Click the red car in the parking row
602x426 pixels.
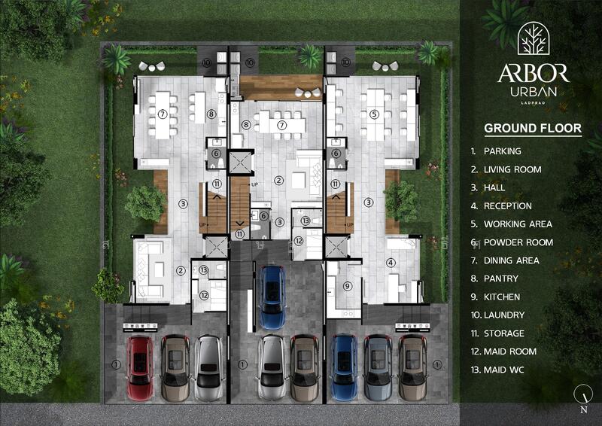pyautogui.click(x=140, y=368)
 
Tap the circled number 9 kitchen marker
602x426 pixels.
pyautogui.click(x=347, y=286)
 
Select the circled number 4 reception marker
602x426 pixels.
pyautogui.click(x=391, y=263)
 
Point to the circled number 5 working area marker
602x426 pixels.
pyautogui.click(x=373, y=114)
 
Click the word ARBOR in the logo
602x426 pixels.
pyautogui.click(x=533, y=74)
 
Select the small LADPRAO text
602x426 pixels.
pyautogui.click(x=533, y=104)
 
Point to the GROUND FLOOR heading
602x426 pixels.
pyautogui.click(x=533, y=128)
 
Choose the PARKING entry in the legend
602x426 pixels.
pyautogui.click(x=502, y=151)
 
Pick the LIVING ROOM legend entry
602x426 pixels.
pyautogui.click(x=512, y=169)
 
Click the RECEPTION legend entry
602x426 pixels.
pyautogui.click(x=507, y=206)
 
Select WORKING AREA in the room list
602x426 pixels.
pyautogui.click(x=518, y=224)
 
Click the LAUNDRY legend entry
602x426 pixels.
pyautogui.click(x=504, y=315)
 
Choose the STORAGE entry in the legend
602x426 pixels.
pyautogui.click(x=504, y=333)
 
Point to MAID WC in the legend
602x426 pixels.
pyautogui.click(x=504, y=370)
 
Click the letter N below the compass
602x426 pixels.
pyautogui.click(x=583, y=409)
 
